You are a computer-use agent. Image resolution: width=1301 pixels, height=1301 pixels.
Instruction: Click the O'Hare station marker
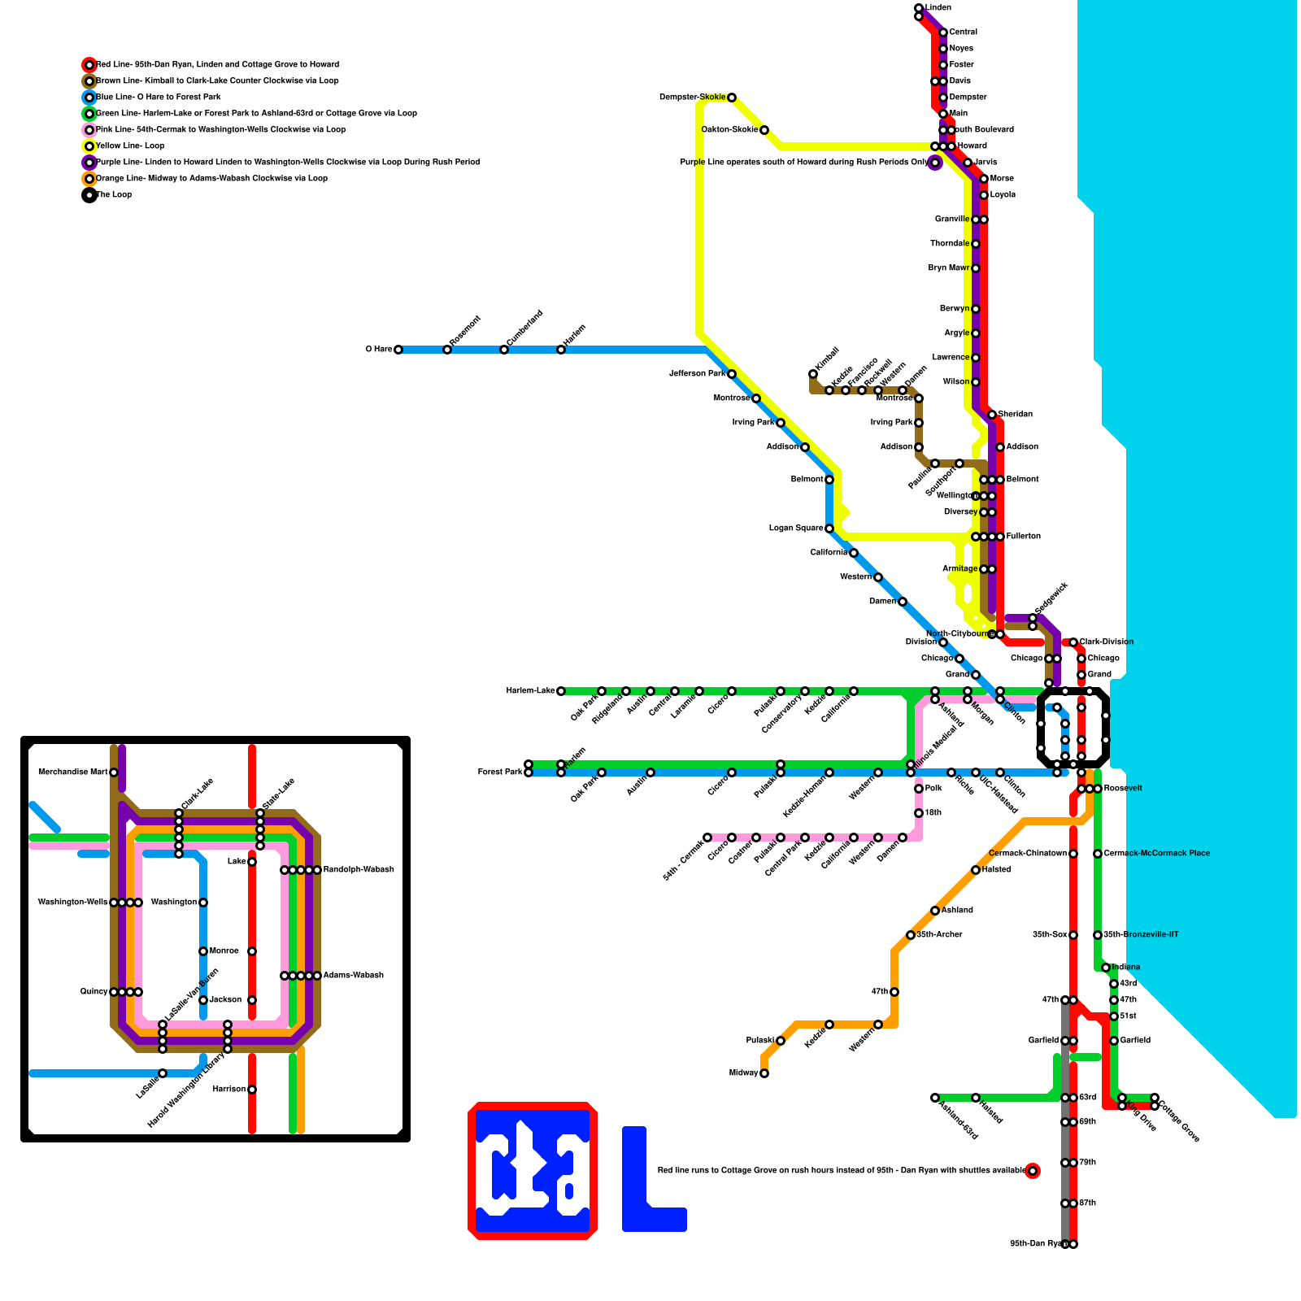click(x=398, y=350)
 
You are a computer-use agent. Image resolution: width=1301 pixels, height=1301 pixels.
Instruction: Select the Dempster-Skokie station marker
click(x=732, y=98)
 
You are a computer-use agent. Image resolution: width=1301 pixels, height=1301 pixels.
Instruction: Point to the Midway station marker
click(x=764, y=1073)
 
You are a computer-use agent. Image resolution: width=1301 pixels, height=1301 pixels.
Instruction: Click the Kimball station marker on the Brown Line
click(x=813, y=374)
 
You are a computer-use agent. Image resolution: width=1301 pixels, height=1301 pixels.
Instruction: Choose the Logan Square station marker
click(x=829, y=529)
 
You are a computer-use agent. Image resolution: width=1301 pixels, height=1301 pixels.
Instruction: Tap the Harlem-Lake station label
click(x=530, y=691)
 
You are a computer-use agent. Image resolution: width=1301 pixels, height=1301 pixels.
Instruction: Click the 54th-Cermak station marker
click(x=707, y=838)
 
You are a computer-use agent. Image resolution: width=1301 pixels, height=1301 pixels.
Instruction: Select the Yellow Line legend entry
click(x=130, y=146)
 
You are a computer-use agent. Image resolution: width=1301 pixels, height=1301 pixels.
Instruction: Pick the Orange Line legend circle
click(x=89, y=179)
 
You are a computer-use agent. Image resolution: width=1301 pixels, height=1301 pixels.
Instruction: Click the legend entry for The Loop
click(x=114, y=195)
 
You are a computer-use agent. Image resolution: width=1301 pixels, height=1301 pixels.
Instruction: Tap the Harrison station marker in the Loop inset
click(x=252, y=1090)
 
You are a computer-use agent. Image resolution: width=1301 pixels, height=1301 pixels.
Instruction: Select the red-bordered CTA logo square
click(x=533, y=1171)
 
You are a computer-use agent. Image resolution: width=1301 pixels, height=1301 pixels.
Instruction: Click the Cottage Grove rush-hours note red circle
click(x=1033, y=1171)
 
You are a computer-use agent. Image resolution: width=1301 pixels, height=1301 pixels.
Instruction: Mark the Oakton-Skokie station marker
click(x=764, y=130)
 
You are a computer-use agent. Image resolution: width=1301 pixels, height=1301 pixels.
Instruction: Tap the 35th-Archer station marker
click(x=911, y=935)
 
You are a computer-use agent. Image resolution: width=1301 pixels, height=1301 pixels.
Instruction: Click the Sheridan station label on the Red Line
click(x=1016, y=415)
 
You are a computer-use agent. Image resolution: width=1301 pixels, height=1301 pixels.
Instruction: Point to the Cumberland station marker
click(x=504, y=350)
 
